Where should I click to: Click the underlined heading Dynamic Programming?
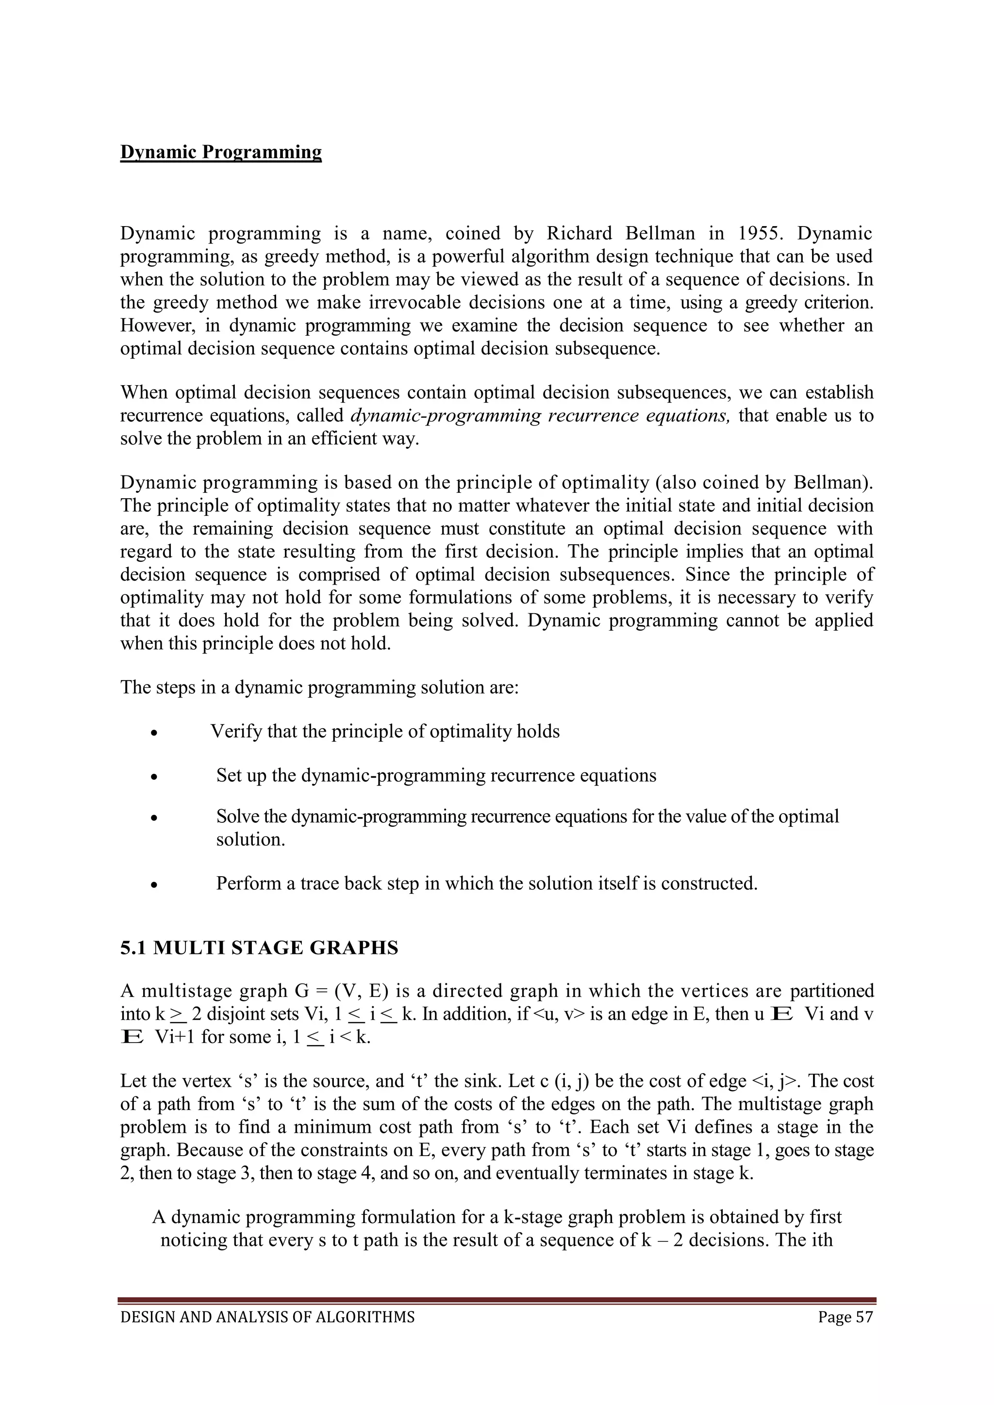220,152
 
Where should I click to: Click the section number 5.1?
133,948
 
